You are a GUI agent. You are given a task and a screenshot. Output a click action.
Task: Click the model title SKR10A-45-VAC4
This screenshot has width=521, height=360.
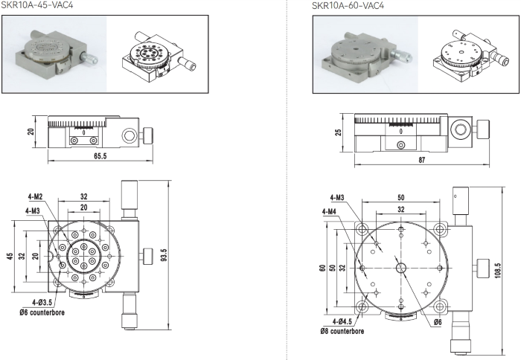tap(37, 5)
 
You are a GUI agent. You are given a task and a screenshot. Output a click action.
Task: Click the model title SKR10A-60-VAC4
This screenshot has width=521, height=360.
tap(348, 6)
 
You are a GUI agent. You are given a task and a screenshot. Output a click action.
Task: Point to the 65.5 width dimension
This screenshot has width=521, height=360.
tap(100, 155)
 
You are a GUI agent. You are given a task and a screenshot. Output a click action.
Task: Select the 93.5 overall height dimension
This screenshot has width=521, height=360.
tap(164, 255)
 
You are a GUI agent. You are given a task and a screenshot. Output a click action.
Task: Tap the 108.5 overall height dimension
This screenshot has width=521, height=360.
tap(498, 270)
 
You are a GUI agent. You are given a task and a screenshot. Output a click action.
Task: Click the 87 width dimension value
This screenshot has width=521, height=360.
tap(422, 160)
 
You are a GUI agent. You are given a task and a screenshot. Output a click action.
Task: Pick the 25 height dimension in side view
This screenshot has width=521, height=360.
tap(338, 132)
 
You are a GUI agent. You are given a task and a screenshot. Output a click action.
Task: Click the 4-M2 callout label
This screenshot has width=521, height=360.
tap(35, 197)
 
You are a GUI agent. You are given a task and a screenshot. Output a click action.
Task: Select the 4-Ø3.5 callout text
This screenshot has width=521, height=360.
tap(42, 302)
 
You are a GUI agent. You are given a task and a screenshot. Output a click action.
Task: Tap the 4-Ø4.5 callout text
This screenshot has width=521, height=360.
tap(342, 321)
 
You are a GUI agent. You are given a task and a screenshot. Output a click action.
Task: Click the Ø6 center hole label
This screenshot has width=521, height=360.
tap(438, 322)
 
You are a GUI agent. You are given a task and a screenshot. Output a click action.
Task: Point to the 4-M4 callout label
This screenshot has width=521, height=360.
tap(329, 211)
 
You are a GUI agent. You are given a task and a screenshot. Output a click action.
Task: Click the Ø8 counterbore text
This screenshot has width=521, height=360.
tap(342, 331)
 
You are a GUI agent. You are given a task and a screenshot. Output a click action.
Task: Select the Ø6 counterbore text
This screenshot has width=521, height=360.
tap(42, 312)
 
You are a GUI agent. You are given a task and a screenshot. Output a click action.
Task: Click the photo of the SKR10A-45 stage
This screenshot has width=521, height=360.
tap(55, 54)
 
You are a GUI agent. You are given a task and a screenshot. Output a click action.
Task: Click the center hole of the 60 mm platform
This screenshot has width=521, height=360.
tap(401, 268)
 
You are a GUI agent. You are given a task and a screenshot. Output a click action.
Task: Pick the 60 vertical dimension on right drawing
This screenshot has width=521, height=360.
tap(322, 268)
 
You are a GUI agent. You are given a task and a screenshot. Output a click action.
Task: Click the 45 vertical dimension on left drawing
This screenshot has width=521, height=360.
tap(10, 257)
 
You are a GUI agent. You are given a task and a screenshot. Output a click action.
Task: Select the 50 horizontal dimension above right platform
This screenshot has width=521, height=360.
tap(401, 198)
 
